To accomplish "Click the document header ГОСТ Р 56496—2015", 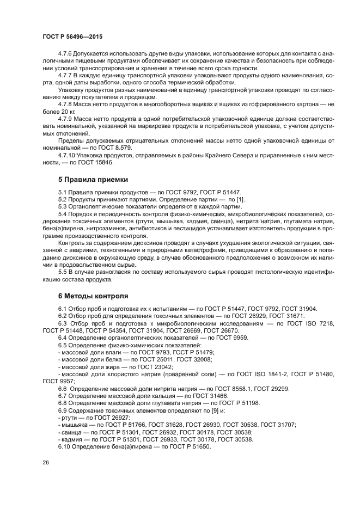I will (x=72, y=35).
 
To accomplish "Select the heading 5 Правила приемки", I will (x=93, y=179).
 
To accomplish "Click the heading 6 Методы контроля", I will (x=93, y=296).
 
